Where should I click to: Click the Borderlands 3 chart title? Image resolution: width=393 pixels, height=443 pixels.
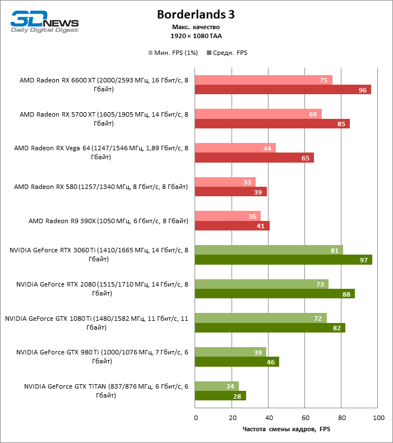(196, 14)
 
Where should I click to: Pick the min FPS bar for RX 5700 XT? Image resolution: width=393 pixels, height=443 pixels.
(258, 114)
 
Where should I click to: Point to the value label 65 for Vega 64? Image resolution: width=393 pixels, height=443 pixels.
(306, 158)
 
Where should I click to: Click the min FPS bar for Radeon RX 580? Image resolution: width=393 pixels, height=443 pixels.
(225, 182)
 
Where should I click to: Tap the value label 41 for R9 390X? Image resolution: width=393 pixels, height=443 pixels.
(261, 226)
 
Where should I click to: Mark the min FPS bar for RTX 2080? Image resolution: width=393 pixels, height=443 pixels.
(261, 284)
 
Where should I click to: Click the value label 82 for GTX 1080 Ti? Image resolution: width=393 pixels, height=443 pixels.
(337, 328)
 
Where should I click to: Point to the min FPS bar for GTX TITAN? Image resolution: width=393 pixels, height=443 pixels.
(216, 386)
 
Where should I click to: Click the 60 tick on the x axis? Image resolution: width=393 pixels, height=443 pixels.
(305, 418)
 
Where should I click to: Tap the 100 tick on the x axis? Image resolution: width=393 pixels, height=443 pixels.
(378, 418)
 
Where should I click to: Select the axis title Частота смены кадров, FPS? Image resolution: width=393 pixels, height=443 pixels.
(286, 429)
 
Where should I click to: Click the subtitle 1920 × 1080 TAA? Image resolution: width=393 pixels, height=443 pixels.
(196, 36)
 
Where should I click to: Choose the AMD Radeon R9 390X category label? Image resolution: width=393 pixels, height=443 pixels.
(108, 221)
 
